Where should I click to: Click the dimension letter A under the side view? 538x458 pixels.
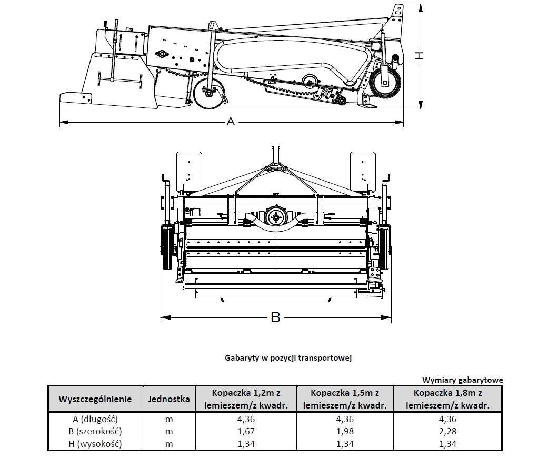point(230,122)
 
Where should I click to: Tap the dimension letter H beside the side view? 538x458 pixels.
point(419,55)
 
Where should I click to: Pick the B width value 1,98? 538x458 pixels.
point(345,432)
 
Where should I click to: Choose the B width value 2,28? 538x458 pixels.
point(449,432)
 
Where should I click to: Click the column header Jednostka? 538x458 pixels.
point(169,399)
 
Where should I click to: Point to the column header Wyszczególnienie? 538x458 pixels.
point(95,399)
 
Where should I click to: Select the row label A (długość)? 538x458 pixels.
point(95,420)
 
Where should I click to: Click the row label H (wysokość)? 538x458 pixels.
point(95,444)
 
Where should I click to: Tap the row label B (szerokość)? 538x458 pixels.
point(95,432)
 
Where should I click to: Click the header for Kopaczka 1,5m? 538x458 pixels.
point(345,399)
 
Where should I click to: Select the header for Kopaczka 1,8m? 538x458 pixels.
point(449,399)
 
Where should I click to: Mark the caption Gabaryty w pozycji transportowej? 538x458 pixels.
point(287,357)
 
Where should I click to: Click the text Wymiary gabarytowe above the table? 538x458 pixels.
point(462,380)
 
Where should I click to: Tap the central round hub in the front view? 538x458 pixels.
point(275,216)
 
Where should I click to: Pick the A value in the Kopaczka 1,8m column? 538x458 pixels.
point(449,420)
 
